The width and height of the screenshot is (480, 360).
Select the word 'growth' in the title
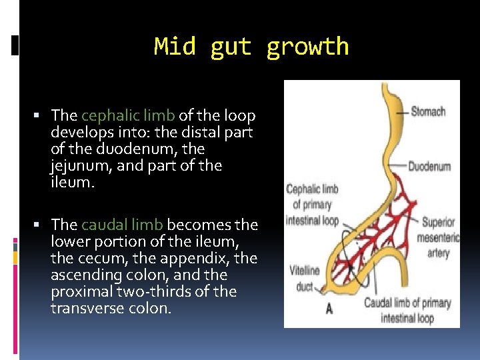[x=307, y=47]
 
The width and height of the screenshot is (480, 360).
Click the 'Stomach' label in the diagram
[x=428, y=112]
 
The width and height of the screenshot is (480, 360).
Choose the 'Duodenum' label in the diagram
[x=429, y=167]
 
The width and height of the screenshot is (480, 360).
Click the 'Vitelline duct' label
[x=304, y=279]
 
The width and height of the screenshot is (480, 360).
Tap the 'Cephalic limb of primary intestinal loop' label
[x=312, y=205]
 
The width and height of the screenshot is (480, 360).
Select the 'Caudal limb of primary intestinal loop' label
[x=407, y=310]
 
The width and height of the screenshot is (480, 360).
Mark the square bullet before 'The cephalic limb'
[x=43, y=117]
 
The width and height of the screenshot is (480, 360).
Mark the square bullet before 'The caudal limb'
[x=43, y=226]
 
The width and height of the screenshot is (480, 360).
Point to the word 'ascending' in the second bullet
[x=82, y=275]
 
